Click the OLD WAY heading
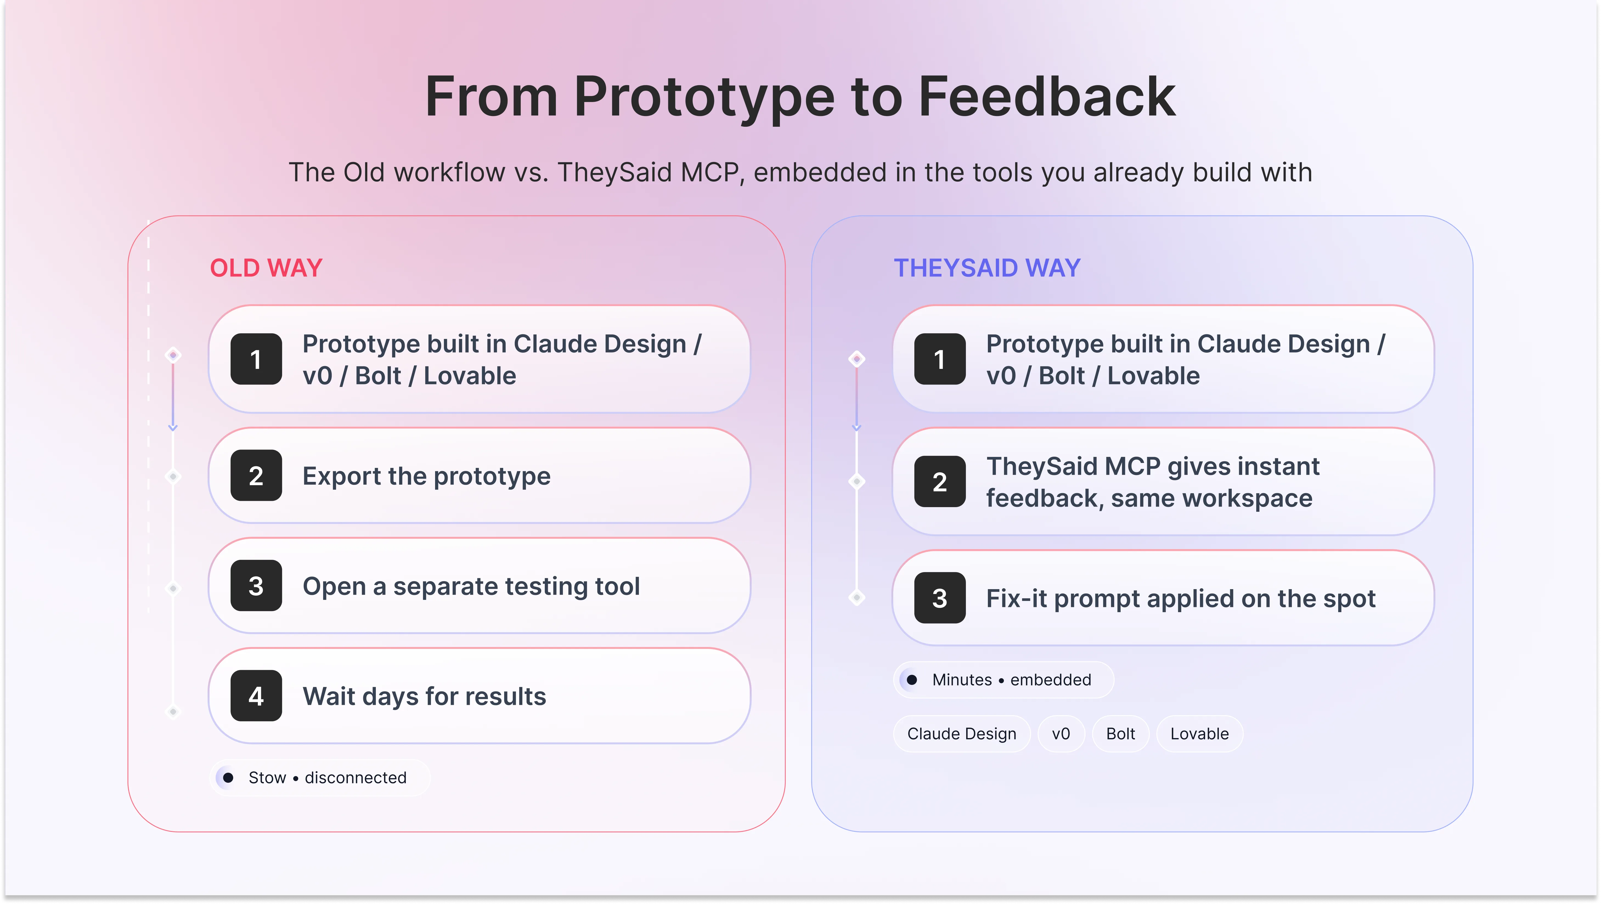click(266, 268)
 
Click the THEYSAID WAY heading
click(987, 268)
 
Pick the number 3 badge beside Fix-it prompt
click(940, 598)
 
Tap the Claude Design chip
click(962, 734)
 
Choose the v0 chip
click(1061, 734)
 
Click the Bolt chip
click(1121, 734)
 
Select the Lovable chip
click(1199, 734)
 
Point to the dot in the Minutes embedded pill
click(912, 680)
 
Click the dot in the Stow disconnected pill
click(228, 777)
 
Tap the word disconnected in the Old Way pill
click(356, 777)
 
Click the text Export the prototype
click(426, 476)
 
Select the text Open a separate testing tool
click(471, 586)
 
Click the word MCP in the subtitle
click(712, 172)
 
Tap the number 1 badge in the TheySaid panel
click(940, 359)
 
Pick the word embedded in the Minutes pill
click(1050, 680)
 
